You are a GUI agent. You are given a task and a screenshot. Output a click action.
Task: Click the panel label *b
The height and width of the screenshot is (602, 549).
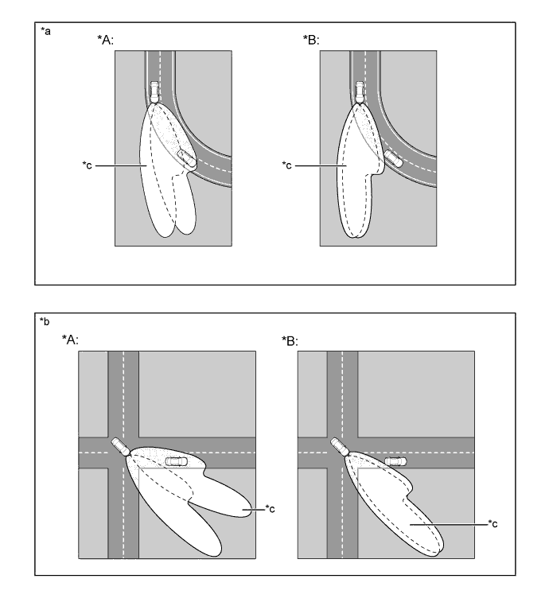click(x=45, y=321)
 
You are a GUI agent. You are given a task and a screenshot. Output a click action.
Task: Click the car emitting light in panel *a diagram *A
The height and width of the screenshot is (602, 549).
click(x=154, y=91)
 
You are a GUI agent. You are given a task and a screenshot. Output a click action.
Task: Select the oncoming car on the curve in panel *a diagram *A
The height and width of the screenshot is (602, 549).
click(x=186, y=157)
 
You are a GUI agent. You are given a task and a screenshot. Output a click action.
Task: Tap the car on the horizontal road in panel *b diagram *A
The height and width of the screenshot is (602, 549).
click(x=175, y=460)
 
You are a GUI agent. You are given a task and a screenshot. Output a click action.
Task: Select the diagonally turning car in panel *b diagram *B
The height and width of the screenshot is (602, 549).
click(x=340, y=446)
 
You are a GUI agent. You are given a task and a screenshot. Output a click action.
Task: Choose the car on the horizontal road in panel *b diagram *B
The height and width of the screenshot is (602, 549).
click(x=394, y=460)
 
